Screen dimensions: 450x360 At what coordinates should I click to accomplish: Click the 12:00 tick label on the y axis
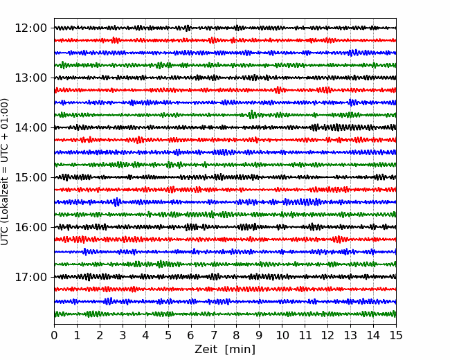30,28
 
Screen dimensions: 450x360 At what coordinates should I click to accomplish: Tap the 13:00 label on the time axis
30,78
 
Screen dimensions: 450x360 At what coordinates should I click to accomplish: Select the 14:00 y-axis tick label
30,127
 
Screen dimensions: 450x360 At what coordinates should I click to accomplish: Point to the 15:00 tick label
30,177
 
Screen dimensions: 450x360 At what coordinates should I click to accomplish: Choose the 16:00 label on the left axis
30,227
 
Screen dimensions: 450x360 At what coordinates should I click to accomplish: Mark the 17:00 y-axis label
30,277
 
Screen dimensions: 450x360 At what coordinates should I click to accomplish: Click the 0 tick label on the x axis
54,335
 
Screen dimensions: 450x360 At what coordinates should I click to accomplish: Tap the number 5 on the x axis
168,335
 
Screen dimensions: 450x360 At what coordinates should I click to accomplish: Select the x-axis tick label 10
282,335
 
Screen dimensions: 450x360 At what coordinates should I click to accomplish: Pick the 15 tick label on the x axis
396,335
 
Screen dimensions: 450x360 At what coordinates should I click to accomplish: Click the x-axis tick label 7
214,335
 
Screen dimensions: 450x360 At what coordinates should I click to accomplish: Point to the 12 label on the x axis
327,335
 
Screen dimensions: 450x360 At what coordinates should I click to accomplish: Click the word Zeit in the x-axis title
207,350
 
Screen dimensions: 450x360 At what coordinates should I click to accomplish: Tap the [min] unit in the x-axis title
240,350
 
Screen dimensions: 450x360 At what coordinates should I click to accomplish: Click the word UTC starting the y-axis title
4,237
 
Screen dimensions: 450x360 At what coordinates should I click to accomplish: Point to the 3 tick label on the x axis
123,335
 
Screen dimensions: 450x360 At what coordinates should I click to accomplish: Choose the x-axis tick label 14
373,335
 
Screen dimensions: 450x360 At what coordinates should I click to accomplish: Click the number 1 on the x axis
77,335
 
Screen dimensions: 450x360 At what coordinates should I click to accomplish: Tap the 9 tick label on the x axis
260,335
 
